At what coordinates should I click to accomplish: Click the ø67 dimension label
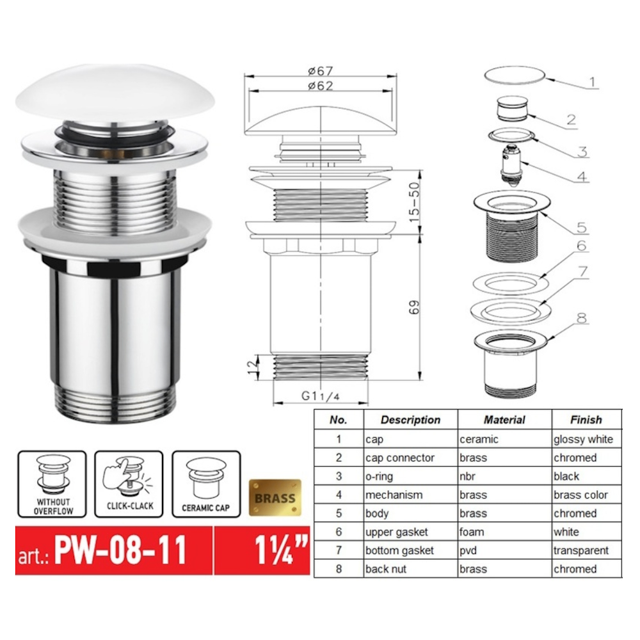(321, 70)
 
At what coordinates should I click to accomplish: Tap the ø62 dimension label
(321, 86)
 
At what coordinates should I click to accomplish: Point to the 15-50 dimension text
(414, 202)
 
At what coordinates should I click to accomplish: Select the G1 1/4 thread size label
(321, 396)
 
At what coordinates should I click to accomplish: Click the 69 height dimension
(414, 307)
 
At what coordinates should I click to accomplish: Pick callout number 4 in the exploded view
(582, 177)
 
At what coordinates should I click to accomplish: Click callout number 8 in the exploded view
(582, 318)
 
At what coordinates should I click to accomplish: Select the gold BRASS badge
(275, 497)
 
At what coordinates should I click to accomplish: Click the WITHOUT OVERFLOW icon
(52, 484)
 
